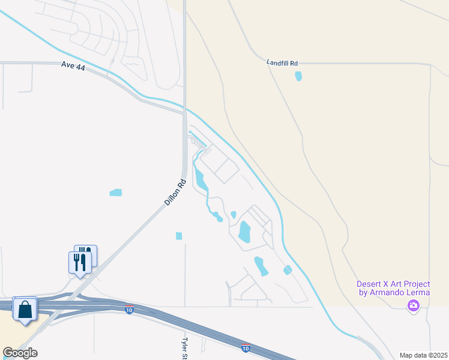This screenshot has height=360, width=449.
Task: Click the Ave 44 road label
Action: click(73, 67)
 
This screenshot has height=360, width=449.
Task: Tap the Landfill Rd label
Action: click(282, 62)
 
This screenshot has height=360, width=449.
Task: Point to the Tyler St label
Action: click(185, 347)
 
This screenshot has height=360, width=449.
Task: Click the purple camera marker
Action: click(413, 306)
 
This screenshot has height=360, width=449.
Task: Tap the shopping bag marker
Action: click(25, 310)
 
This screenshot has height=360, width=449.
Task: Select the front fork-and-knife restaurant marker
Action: click(79, 262)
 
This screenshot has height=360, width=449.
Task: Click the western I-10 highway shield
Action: click(129, 310)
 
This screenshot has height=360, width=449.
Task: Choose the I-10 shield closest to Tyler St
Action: click(246, 348)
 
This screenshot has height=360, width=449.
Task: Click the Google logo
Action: click(20, 353)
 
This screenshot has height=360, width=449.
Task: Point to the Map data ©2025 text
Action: click(423, 355)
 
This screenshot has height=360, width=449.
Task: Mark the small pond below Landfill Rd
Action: click(298, 76)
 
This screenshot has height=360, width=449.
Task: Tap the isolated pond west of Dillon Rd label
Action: click(115, 193)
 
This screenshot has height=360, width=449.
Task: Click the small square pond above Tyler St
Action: click(179, 236)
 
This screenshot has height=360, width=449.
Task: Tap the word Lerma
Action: click(420, 292)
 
